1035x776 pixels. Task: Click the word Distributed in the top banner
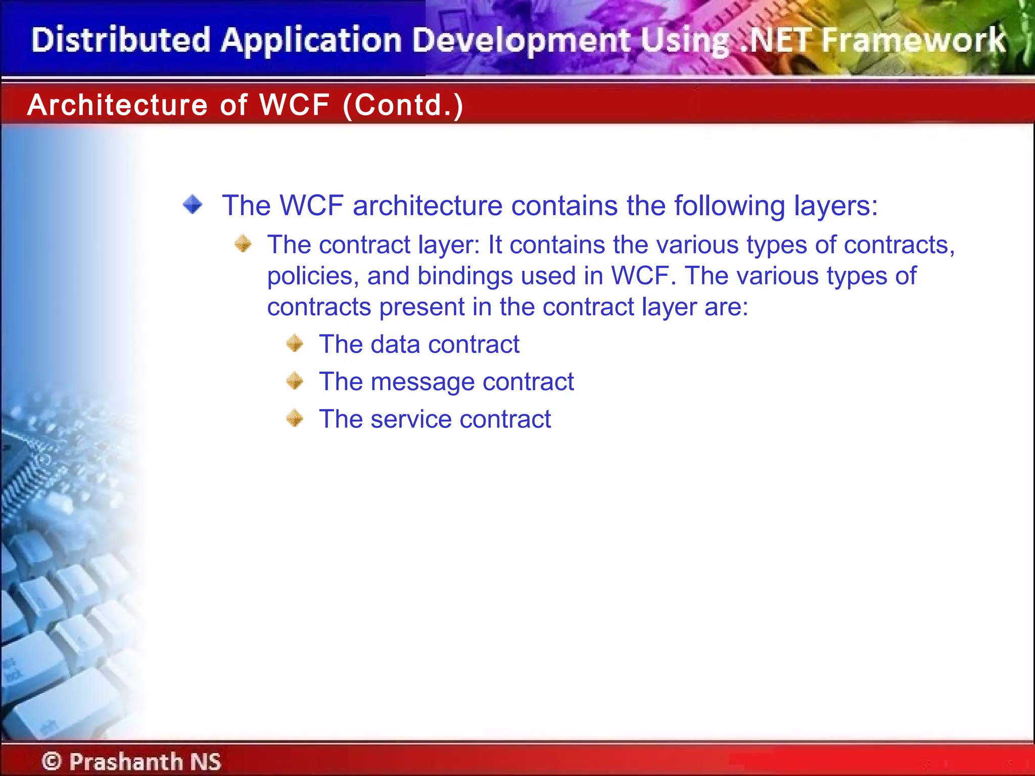(x=120, y=40)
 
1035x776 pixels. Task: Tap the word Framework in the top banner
(x=914, y=40)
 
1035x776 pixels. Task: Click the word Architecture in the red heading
(x=117, y=105)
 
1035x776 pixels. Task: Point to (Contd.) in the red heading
(x=403, y=105)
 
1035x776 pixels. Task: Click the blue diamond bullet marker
(x=193, y=205)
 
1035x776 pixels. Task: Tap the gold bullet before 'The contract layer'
(x=243, y=244)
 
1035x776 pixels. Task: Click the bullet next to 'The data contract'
(x=295, y=344)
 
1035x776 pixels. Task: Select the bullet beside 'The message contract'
(x=295, y=381)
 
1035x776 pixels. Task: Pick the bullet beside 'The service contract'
(x=295, y=418)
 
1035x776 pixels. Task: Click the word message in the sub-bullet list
(x=422, y=382)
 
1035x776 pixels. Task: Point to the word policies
(x=313, y=276)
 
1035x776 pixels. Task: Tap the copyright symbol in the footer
(x=52, y=761)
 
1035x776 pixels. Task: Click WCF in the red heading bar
(x=294, y=105)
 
